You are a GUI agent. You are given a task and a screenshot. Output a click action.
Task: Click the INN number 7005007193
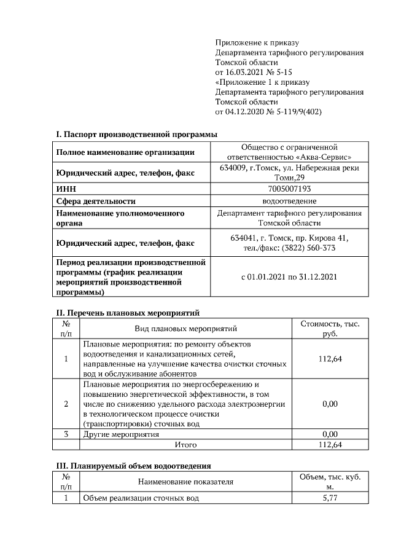290,189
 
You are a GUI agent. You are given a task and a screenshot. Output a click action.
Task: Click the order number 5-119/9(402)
295,112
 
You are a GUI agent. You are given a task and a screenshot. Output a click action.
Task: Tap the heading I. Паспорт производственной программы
136,135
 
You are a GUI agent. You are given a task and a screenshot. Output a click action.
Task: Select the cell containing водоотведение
290,201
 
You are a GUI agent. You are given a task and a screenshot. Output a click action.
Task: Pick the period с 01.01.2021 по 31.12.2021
290,277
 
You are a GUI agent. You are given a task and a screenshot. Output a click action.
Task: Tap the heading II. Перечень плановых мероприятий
128,313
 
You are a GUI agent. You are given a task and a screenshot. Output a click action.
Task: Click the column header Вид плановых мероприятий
185,329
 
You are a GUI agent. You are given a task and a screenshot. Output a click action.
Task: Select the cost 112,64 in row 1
330,359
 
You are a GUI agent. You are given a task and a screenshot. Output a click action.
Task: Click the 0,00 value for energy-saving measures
330,404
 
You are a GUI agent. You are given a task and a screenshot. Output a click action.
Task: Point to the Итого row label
185,444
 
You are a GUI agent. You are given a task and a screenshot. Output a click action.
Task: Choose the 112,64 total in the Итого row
330,444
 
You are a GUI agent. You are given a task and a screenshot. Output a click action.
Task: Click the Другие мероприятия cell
121,434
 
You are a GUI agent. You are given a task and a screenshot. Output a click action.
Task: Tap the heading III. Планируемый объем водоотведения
133,466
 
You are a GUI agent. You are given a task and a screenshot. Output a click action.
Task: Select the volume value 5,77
330,499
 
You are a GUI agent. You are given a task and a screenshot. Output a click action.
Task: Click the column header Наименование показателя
185,482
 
